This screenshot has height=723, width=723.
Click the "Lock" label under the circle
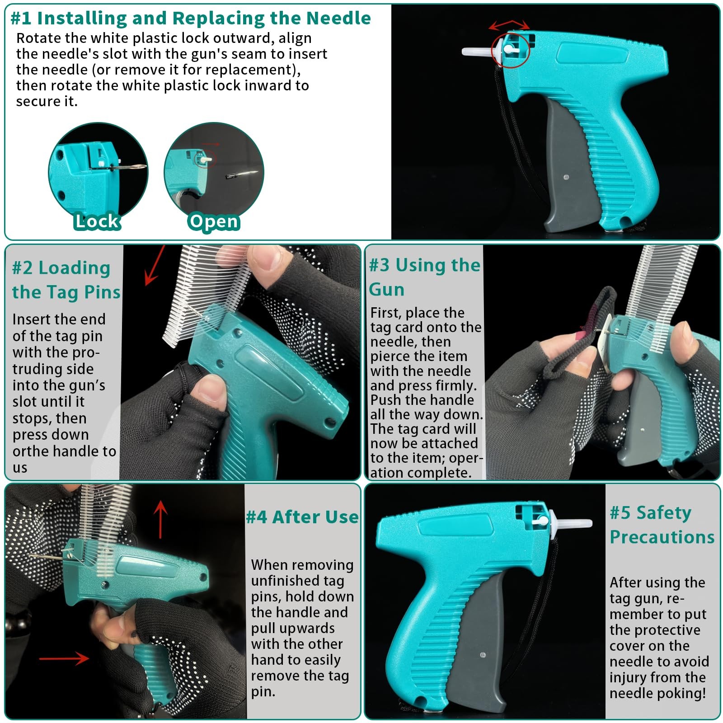(97, 221)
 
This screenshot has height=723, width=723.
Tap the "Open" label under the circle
(214, 222)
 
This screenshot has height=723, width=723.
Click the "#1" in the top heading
(21, 19)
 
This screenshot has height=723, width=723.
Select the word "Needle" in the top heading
(338, 18)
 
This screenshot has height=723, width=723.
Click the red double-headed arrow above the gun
(509, 24)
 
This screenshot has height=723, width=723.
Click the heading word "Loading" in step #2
(74, 268)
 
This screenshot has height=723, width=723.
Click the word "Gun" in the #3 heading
(386, 289)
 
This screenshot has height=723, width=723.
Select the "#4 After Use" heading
(302, 516)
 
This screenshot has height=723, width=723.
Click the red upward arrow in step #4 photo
(160, 519)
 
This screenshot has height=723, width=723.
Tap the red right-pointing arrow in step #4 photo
(64, 658)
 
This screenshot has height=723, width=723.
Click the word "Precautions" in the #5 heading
(662, 537)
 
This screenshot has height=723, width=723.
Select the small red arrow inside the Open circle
(210, 145)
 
